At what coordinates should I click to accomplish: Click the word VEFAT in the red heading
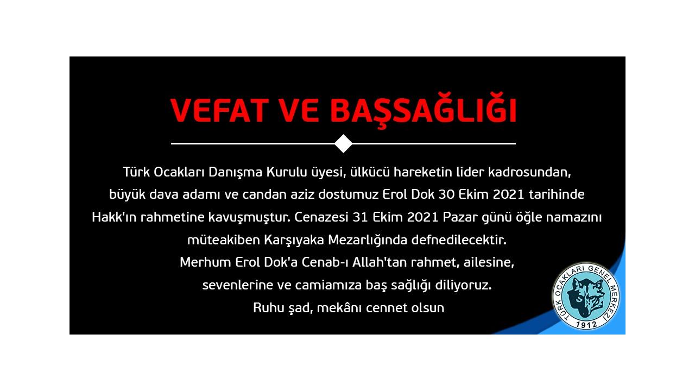[x=219, y=110]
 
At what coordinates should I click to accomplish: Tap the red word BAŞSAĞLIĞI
[x=423, y=110]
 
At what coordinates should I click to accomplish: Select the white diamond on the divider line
[x=344, y=144]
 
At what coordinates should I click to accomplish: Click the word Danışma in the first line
[x=235, y=172]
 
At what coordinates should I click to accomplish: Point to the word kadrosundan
[x=529, y=172]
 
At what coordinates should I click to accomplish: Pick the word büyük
[x=127, y=195]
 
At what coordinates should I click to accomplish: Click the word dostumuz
[x=349, y=194]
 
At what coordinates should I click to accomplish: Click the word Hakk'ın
[x=114, y=217]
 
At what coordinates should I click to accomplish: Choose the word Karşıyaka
[x=294, y=240]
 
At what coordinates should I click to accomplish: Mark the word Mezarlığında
[x=368, y=240]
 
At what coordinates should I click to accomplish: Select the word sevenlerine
[x=238, y=285]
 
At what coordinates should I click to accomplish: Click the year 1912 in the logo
[x=586, y=325]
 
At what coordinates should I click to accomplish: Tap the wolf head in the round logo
[x=586, y=296]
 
